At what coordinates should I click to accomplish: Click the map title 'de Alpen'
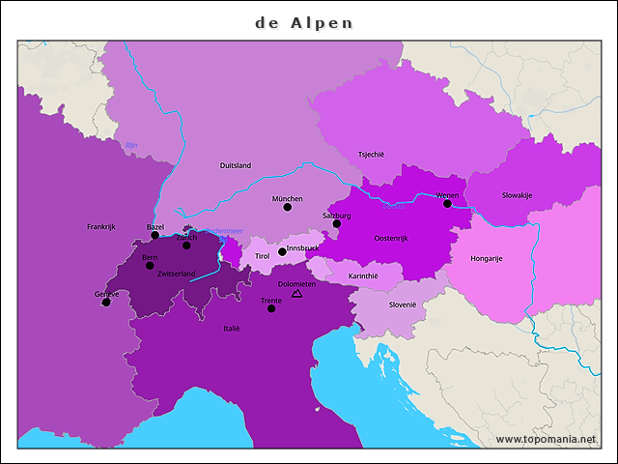pyautogui.click(x=304, y=22)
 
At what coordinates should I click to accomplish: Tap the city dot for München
pyautogui.click(x=287, y=207)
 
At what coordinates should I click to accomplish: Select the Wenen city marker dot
pyautogui.click(x=447, y=204)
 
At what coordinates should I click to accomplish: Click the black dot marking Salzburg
pyautogui.click(x=337, y=224)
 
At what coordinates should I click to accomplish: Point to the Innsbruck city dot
pyautogui.click(x=282, y=252)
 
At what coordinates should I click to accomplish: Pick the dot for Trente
pyautogui.click(x=271, y=308)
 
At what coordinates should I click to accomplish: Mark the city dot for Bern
pyautogui.click(x=150, y=266)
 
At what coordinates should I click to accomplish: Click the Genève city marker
pyautogui.click(x=106, y=303)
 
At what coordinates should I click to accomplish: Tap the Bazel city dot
pyautogui.click(x=154, y=235)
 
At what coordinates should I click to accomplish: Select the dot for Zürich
pyautogui.click(x=186, y=245)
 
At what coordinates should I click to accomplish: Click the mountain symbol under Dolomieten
pyautogui.click(x=296, y=292)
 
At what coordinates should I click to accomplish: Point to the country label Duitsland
pyautogui.click(x=236, y=165)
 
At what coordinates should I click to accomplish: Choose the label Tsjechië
pyautogui.click(x=371, y=154)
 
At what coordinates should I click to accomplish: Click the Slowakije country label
pyautogui.click(x=517, y=195)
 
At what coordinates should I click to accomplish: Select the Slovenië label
pyautogui.click(x=403, y=304)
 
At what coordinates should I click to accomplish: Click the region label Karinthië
pyautogui.click(x=363, y=275)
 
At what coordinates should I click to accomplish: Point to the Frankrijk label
pyautogui.click(x=100, y=226)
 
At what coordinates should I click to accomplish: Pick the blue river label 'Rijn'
pyautogui.click(x=131, y=145)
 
